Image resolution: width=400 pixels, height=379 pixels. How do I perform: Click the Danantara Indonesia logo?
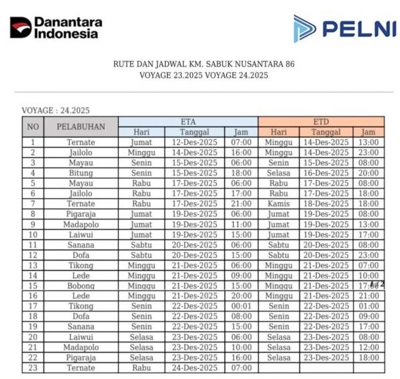(x=56, y=28)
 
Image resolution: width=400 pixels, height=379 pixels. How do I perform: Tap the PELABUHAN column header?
(x=81, y=126)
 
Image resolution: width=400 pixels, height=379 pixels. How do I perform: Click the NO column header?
(x=32, y=126)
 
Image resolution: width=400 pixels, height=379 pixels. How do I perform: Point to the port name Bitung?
(x=81, y=173)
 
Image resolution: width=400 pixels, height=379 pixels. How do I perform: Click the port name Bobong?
(x=81, y=286)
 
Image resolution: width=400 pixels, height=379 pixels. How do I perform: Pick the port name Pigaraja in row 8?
(x=81, y=214)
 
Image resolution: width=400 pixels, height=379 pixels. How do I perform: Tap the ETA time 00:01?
(x=240, y=306)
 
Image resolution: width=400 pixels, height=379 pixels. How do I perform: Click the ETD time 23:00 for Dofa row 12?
(x=368, y=255)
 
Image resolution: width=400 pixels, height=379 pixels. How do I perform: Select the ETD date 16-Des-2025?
(x=326, y=173)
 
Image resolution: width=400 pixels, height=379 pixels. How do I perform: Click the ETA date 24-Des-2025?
(x=194, y=368)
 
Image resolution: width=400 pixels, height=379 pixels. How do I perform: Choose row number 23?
(x=32, y=368)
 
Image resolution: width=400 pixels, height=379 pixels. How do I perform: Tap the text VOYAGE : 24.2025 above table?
(x=56, y=110)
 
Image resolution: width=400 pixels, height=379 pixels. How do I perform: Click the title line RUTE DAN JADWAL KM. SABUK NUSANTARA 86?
(x=203, y=65)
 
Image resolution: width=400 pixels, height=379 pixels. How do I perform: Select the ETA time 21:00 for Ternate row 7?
(x=240, y=204)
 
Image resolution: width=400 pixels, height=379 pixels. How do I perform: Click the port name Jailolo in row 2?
(x=81, y=153)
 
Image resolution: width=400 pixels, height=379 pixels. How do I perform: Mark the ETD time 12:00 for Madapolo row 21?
(x=368, y=347)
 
